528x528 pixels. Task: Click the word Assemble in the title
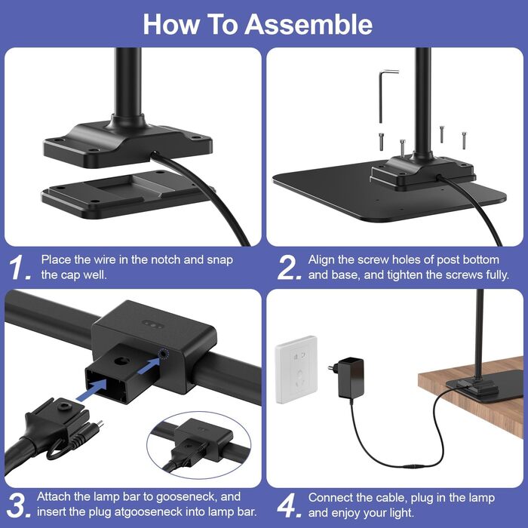coord(309,24)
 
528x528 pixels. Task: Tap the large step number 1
coord(19,267)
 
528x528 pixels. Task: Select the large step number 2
coord(289,267)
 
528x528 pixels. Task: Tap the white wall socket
coord(296,370)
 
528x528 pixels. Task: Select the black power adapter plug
coord(348,377)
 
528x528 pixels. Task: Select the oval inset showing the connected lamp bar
coord(199,444)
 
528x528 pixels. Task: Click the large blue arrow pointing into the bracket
coord(92,390)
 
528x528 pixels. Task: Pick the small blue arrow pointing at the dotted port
coord(148,367)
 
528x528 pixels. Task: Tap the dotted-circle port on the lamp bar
coord(164,354)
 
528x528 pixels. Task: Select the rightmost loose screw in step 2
coord(464,140)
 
